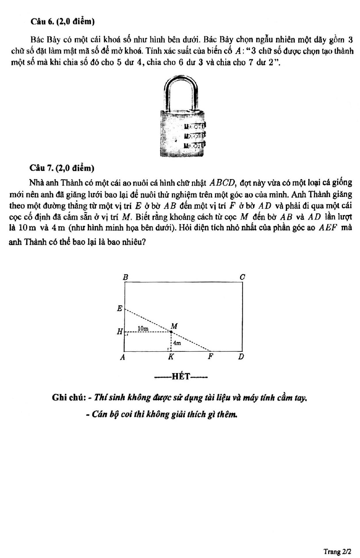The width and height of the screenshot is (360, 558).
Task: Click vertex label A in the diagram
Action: coord(123,357)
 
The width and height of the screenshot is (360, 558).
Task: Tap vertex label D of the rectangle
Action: coord(241,357)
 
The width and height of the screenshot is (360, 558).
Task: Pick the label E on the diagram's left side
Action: coord(120,308)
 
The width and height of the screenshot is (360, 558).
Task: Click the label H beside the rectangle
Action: coord(119,332)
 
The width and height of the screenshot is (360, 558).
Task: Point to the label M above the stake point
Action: coord(174,326)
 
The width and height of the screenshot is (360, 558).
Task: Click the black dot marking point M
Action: coord(171,332)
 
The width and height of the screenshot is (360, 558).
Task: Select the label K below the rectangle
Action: coord(171,357)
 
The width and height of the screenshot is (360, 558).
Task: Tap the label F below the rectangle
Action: coord(211,357)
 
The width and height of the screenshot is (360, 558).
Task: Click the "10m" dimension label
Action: coord(143,328)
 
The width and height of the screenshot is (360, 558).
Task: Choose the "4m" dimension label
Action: coord(177,343)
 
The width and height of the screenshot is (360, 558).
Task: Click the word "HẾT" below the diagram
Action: coord(181,376)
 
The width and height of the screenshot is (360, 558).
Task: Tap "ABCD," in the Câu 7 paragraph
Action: coord(223,183)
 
